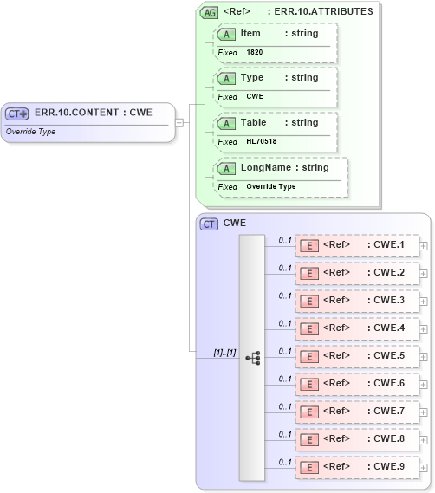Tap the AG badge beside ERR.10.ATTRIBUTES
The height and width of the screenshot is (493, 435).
(x=209, y=12)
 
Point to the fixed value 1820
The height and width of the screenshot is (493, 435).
(x=255, y=52)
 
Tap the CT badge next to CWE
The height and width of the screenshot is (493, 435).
(x=209, y=224)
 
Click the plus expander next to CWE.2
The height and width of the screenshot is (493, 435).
(x=423, y=273)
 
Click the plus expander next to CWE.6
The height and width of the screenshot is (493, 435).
(x=423, y=384)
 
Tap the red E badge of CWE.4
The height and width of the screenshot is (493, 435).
(x=308, y=328)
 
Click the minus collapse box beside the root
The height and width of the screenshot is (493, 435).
(x=179, y=122)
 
